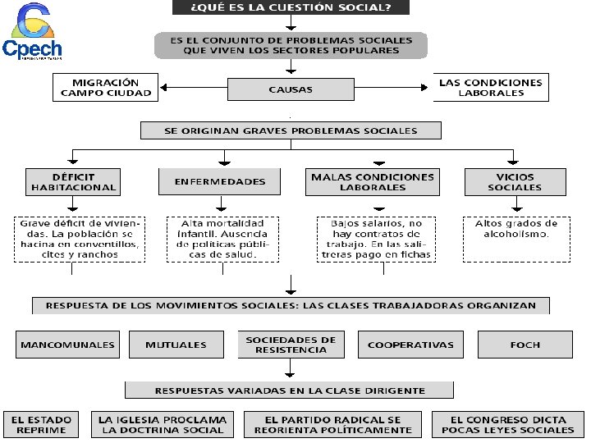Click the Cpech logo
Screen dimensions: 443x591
(32, 33)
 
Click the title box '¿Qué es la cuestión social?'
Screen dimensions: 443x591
(291, 8)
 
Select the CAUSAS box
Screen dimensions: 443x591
(290, 89)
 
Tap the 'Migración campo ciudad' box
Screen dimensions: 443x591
(106, 88)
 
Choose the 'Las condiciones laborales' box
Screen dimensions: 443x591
(491, 88)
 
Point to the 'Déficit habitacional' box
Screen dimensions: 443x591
(73, 181)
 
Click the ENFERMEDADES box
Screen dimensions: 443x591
(220, 181)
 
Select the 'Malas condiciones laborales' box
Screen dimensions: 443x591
(373, 181)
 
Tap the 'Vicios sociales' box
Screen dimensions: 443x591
(515, 181)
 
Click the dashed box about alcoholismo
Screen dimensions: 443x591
(515, 239)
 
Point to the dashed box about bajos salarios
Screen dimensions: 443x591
(374, 239)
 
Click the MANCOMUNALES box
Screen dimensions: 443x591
(67, 345)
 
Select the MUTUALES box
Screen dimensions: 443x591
(176, 345)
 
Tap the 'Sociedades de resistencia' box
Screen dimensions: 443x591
(291, 345)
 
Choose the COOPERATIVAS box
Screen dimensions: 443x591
(410, 345)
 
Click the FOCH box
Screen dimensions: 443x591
(525, 345)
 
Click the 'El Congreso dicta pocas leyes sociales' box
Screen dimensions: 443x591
(508, 423)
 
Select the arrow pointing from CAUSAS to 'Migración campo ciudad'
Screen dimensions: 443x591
(192, 88)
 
